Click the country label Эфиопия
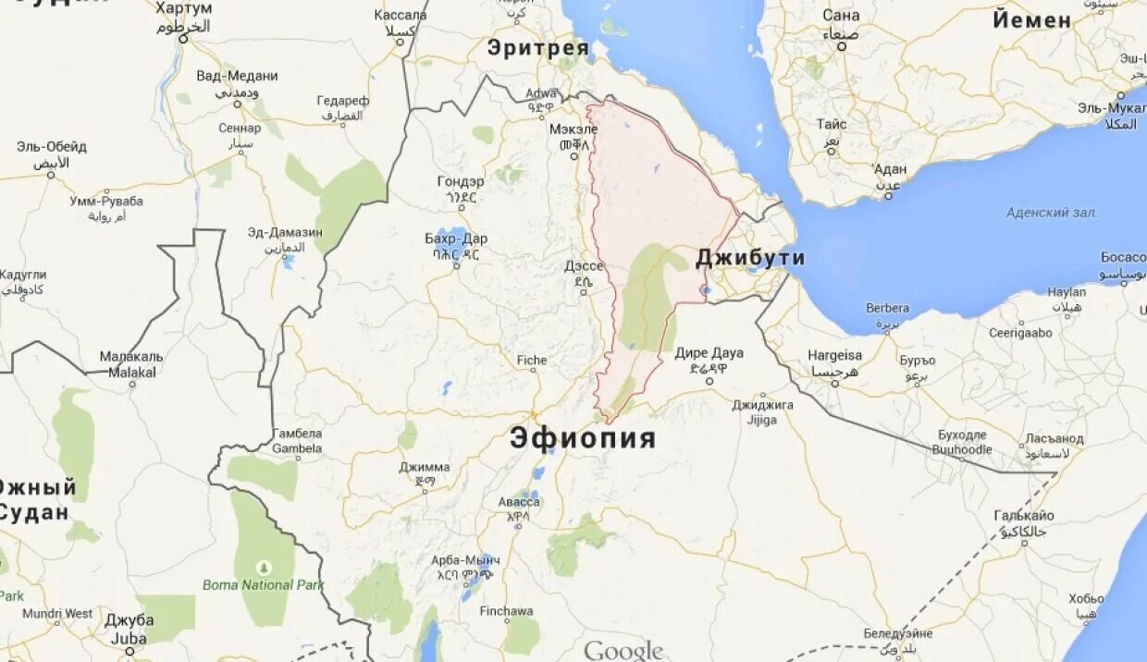click(583, 437)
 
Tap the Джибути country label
click(750, 258)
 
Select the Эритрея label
click(537, 47)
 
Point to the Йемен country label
click(1032, 20)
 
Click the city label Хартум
click(184, 8)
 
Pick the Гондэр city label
click(461, 181)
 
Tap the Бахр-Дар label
click(456, 239)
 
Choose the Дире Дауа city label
click(709, 353)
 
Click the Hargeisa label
click(835, 355)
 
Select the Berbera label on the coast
click(887, 308)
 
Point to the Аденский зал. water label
click(1052, 213)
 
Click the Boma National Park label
click(264, 584)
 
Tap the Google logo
click(623, 650)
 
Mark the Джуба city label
click(129, 620)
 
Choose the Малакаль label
click(131, 357)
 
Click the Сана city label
click(841, 16)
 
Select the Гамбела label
click(297, 434)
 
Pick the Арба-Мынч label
click(466, 560)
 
